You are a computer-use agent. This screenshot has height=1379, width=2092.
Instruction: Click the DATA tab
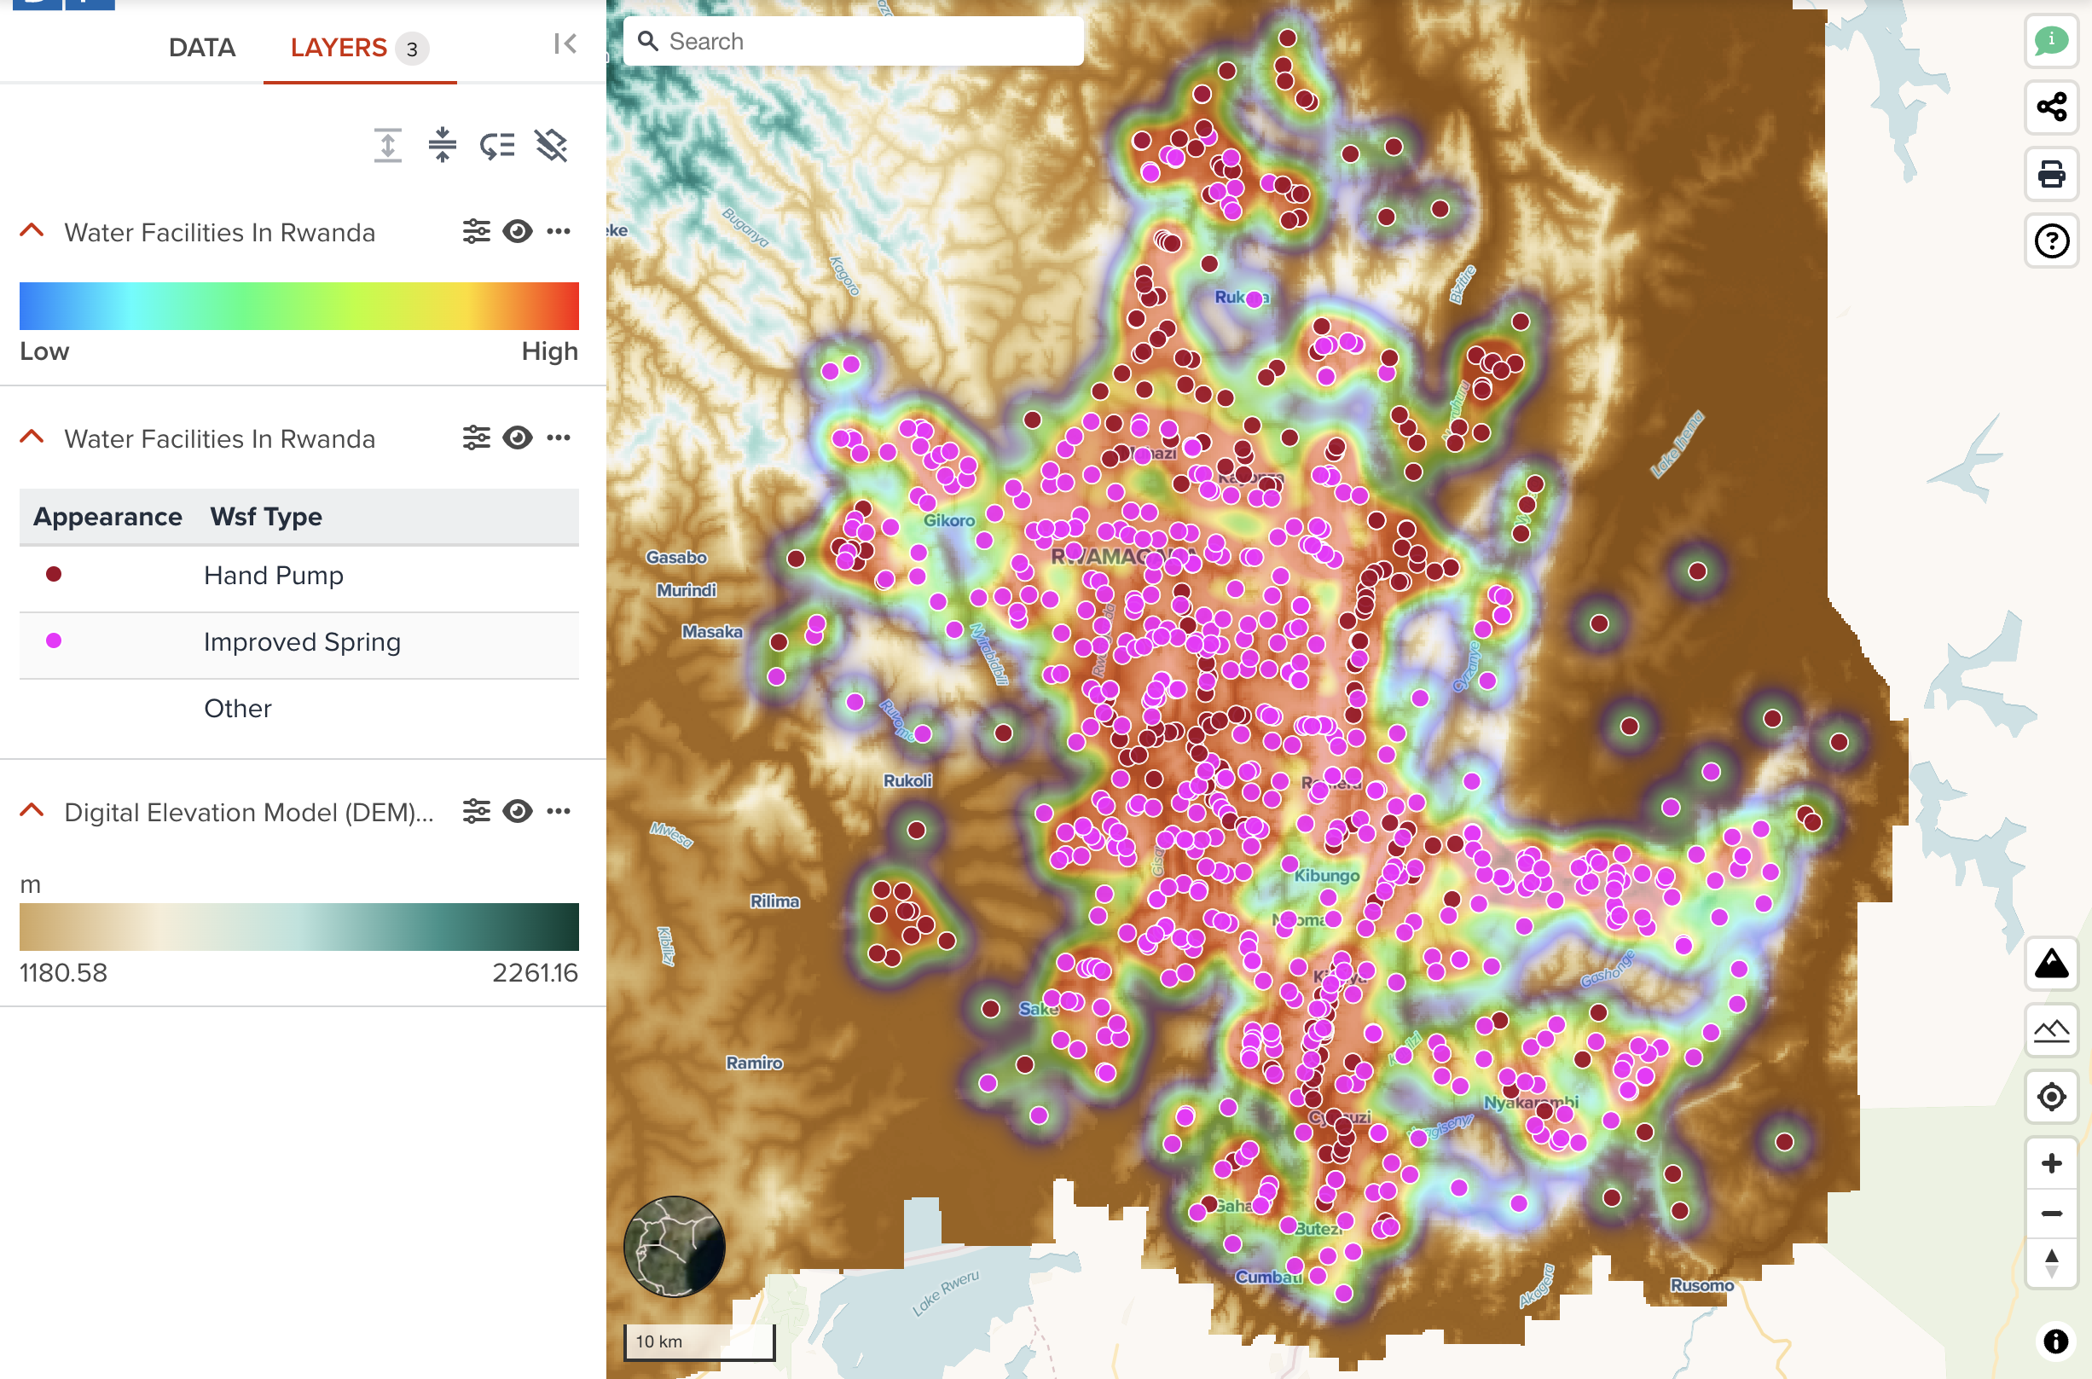point(201,48)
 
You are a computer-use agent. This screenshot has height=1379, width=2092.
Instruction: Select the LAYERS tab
point(339,48)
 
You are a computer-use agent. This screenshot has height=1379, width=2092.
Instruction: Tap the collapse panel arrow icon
point(565,44)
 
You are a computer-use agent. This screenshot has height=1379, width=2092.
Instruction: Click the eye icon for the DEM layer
point(517,811)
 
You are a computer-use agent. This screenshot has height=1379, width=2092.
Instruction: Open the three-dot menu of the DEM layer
point(559,811)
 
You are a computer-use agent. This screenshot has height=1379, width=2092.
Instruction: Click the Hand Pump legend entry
point(274,575)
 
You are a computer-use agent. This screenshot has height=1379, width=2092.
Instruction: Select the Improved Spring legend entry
point(302,642)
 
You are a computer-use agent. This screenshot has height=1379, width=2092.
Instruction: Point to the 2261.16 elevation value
point(535,973)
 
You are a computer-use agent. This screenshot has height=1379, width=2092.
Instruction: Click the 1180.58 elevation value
point(63,973)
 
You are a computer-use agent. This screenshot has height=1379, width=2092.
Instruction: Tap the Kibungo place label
point(1326,876)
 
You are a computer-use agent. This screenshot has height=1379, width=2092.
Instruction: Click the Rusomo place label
point(1701,1285)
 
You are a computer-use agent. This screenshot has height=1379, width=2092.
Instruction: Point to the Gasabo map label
point(676,557)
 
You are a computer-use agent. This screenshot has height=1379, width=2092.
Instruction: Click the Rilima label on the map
point(774,901)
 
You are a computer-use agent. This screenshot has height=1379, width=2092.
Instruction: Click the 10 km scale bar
point(699,1341)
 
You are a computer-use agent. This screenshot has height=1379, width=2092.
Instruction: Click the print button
point(2052,173)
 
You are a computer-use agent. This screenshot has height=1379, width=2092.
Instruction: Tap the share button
point(2052,107)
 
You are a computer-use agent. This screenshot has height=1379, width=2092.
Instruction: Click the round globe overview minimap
point(675,1246)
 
